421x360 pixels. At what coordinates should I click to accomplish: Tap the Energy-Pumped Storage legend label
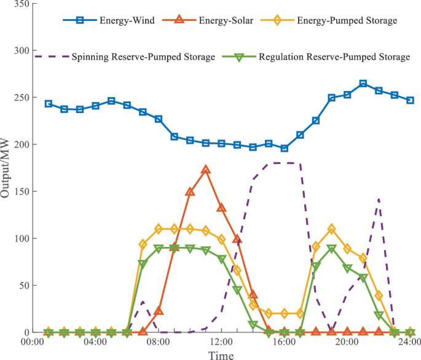(x=347, y=20)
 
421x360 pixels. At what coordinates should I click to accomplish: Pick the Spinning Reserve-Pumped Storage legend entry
(x=143, y=57)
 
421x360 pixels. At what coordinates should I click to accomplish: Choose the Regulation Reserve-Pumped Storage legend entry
(x=334, y=57)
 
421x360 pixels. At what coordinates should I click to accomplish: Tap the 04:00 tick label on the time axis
(x=95, y=342)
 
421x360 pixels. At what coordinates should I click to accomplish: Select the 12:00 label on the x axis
(x=221, y=342)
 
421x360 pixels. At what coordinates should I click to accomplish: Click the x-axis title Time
(x=221, y=354)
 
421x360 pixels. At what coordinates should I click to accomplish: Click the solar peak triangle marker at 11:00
(x=206, y=170)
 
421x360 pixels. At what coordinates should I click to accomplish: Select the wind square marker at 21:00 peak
(x=363, y=84)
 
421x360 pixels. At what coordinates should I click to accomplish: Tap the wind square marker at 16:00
(x=285, y=148)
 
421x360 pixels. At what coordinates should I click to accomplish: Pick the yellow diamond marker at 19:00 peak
(x=332, y=229)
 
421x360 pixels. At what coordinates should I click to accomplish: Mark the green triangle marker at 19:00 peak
(x=332, y=249)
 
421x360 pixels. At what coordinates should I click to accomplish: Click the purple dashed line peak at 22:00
(x=379, y=199)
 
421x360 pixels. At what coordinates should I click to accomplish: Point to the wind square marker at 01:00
(x=49, y=104)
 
